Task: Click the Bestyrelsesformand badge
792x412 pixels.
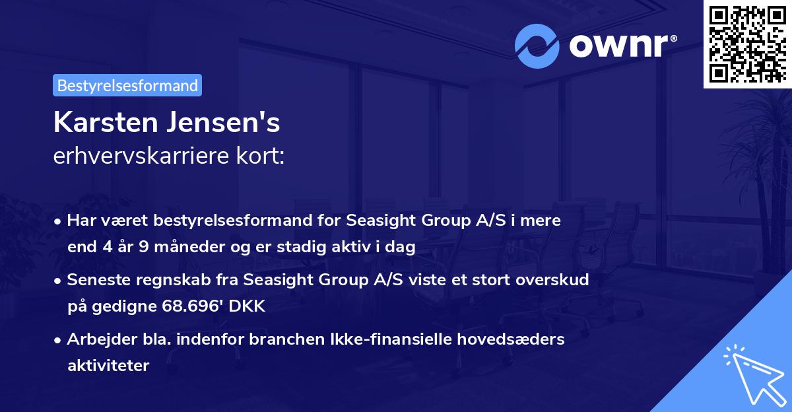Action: [127, 85]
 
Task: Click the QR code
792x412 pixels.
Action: [746, 44]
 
